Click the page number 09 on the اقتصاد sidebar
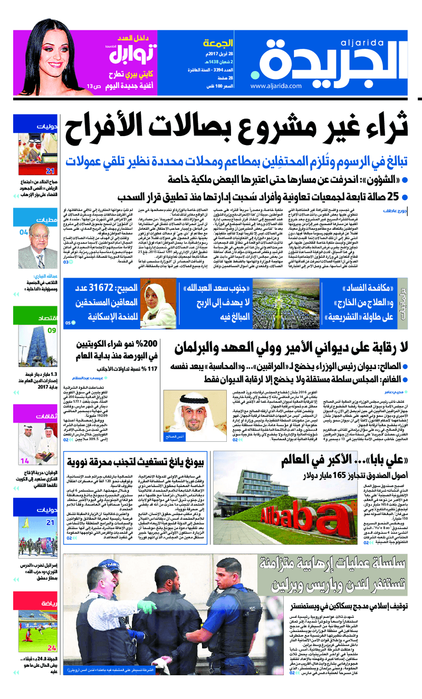click(x=52, y=331)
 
